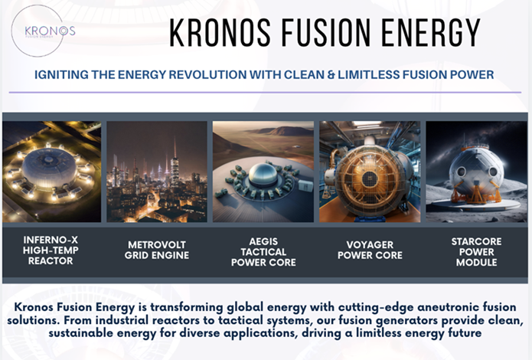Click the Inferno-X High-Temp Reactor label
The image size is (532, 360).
pos(51,250)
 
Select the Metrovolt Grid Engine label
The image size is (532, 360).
pos(156,250)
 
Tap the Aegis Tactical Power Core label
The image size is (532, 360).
pos(262,250)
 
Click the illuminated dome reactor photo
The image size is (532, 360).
pos(51,171)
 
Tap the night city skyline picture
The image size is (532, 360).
pos(156,171)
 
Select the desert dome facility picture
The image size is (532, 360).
pos(262,171)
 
